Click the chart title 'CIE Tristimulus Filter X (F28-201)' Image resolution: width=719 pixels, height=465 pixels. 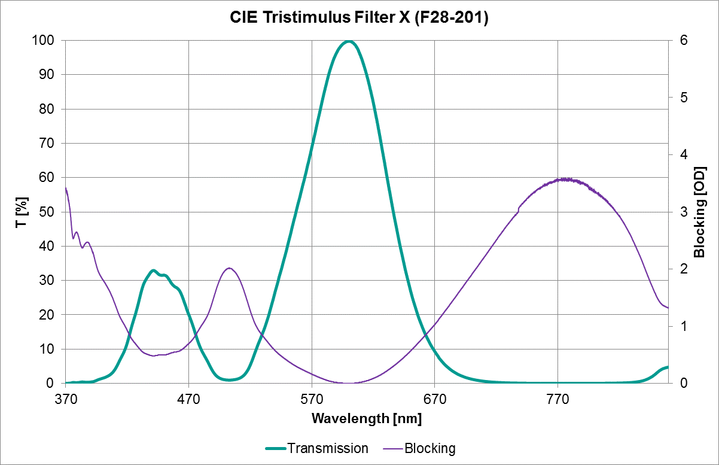click(359, 18)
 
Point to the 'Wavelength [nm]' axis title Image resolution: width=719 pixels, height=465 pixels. click(366, 418)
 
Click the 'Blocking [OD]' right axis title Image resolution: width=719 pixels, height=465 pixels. click(699, 211)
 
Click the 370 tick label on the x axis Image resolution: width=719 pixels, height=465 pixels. click(66, 397)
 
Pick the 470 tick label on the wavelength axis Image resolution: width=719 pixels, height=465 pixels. click(188, 397)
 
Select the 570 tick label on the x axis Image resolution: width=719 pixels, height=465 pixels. click(312, 397)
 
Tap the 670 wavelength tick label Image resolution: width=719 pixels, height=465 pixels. click(435, 397)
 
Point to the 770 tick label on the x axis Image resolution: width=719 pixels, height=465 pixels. click(558, 397)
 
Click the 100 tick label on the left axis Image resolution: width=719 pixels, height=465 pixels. click(48, 41)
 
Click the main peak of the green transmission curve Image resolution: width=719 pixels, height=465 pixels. click(349, 41)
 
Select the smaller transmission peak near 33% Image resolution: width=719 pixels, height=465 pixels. click(153, 271)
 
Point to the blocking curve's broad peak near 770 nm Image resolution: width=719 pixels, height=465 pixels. click(564, 179)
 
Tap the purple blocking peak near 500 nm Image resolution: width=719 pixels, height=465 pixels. click(229, 268)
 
